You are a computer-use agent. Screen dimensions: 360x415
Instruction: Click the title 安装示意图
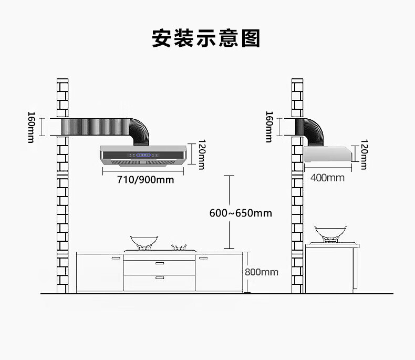[206, 39]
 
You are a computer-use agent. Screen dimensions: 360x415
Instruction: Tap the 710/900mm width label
[145, 180]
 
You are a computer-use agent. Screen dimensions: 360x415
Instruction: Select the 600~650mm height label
[241, 213]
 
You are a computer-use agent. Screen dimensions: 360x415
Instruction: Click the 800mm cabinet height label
[261, 272]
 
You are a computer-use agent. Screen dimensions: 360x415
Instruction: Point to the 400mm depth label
[327, 178]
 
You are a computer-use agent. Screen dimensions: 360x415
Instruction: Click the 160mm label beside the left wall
[32, 127]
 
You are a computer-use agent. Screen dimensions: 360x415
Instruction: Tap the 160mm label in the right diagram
[269, 127]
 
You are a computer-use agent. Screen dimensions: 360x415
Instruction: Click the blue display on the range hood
[144, 155]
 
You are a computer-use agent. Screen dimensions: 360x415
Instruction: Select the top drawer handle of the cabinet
[160, 262]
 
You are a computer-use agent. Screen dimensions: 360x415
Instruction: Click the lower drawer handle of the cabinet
[160, 277]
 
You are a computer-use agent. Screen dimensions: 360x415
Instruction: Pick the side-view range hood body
[327, 154]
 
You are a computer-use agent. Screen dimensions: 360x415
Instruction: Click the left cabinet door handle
[116, 258]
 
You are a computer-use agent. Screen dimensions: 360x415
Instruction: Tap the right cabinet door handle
[203, 258]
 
